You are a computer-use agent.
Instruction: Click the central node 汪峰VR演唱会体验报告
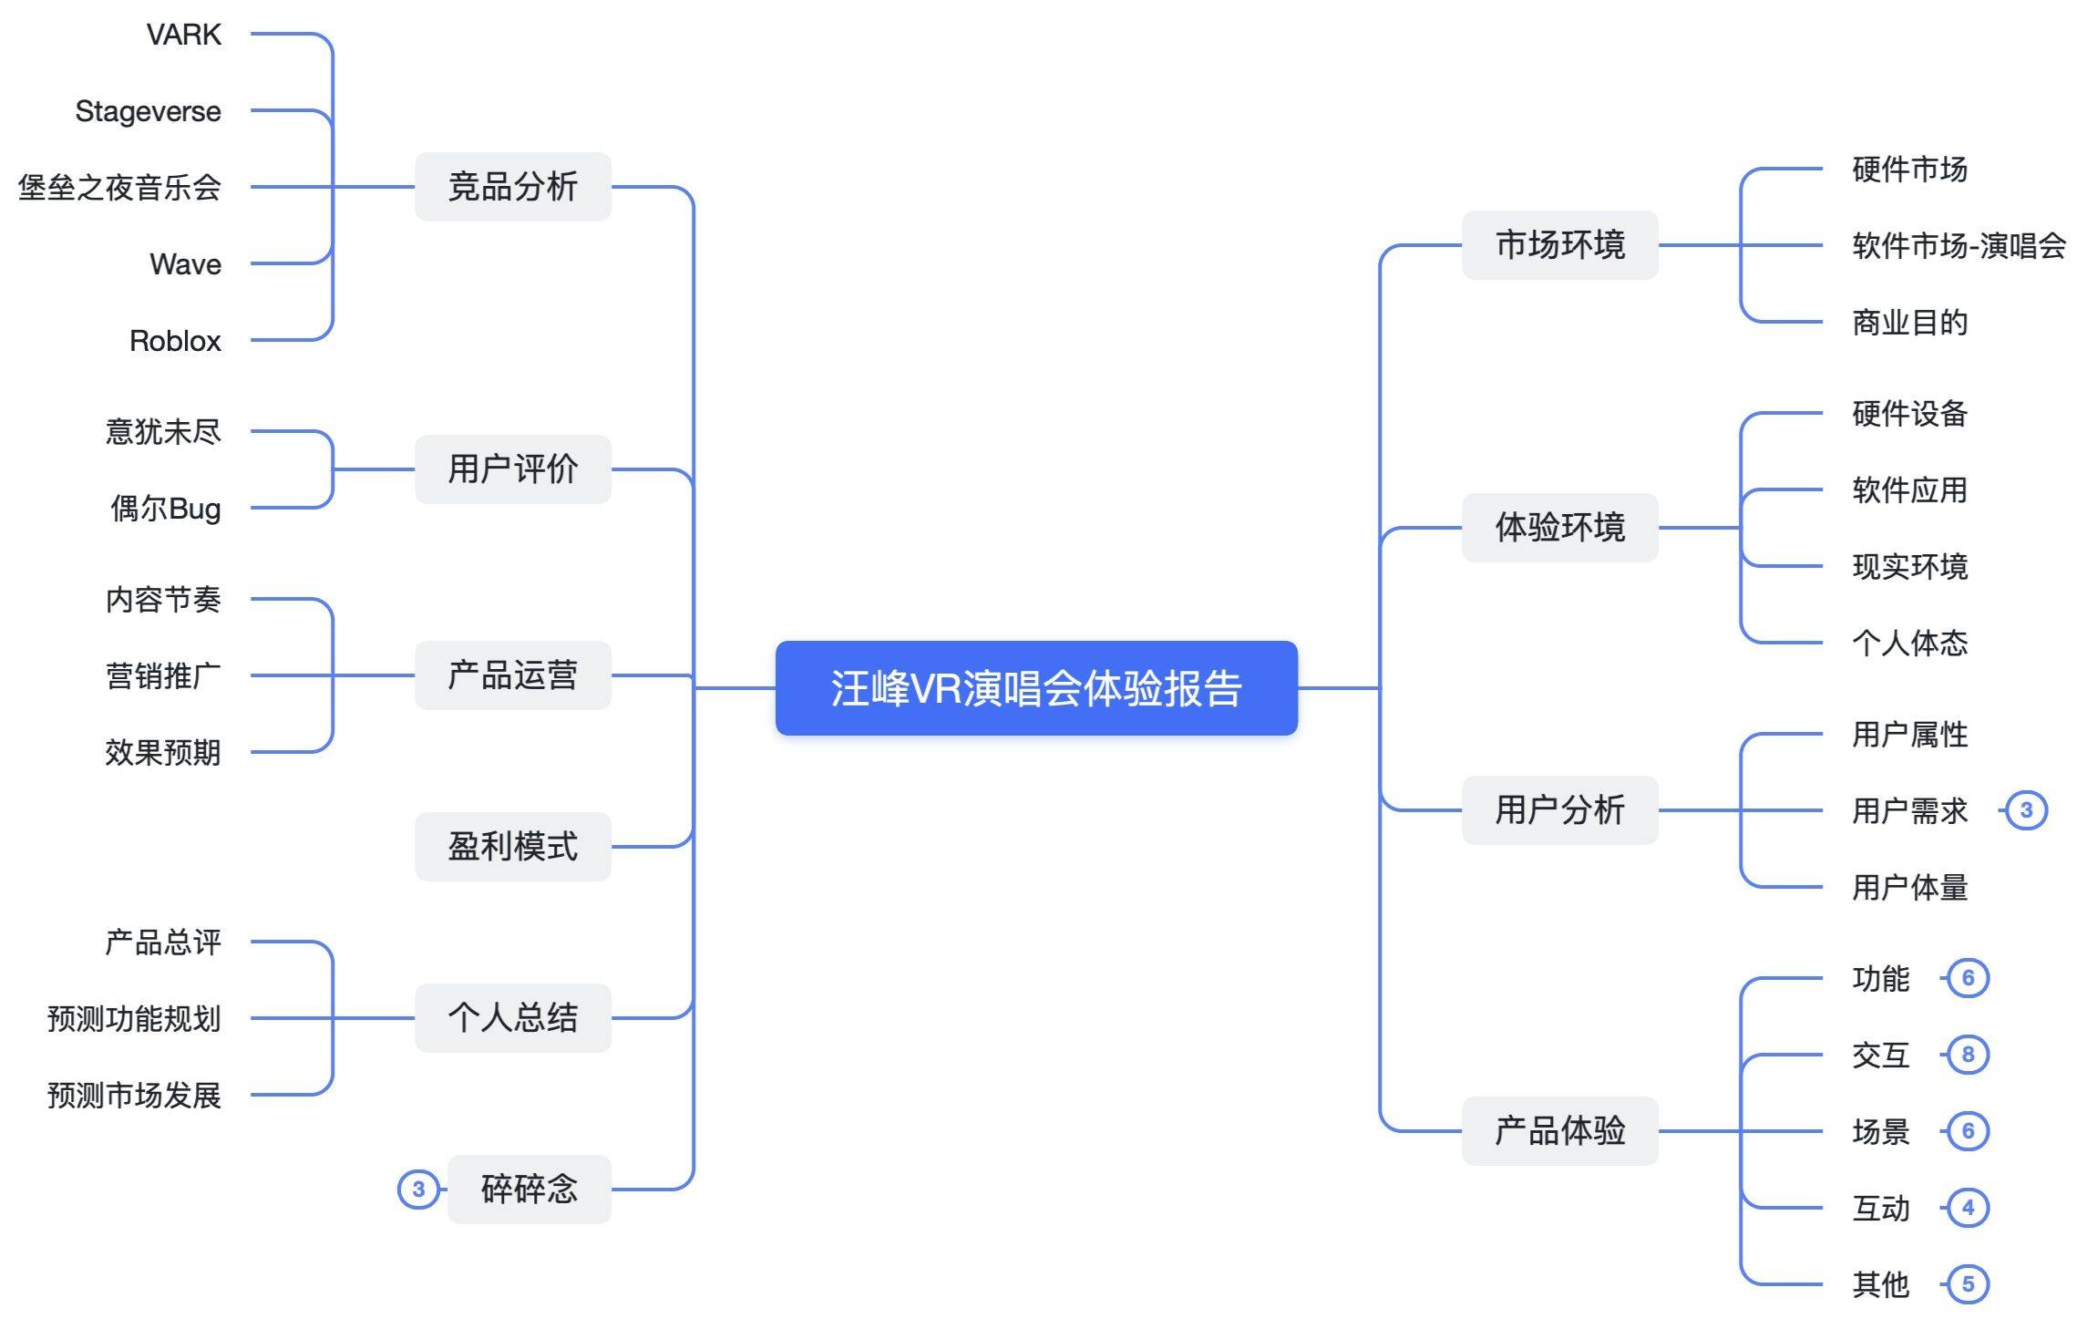1036,688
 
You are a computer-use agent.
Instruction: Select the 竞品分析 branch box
512,187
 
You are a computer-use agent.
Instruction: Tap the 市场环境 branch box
1559,245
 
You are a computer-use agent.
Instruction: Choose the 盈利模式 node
512,846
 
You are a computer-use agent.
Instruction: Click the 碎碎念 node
529,1189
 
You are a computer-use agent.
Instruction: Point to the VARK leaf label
184,35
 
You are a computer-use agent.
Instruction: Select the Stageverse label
148,111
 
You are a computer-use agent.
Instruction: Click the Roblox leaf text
175,341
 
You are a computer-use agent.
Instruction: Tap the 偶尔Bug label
166,509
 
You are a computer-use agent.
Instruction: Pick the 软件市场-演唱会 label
1958,245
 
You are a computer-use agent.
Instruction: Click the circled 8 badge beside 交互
1968,1055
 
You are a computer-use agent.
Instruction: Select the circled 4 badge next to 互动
1968,1208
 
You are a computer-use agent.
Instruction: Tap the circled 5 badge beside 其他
1968,1284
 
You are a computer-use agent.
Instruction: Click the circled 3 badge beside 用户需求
2026,810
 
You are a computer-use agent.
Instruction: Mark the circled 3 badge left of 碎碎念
418,1189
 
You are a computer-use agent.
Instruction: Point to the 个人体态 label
1909,644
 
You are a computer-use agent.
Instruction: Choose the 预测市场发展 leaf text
134,1095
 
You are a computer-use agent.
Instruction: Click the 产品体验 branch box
1559,1130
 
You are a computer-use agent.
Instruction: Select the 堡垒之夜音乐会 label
119,188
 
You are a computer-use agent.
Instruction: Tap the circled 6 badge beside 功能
1968,978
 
